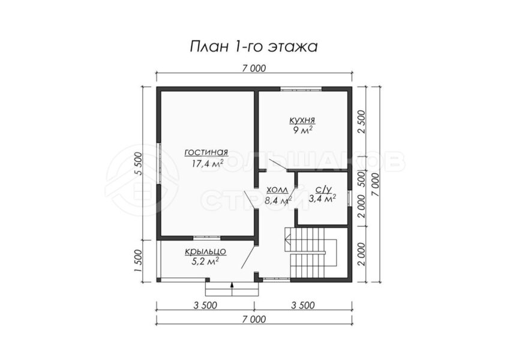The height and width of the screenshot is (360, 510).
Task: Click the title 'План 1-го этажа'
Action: [254, 47]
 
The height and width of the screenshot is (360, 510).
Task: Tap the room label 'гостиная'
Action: [206, 152]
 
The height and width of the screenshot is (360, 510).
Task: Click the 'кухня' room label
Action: [302, 121]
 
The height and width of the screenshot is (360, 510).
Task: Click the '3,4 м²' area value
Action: [322, 199]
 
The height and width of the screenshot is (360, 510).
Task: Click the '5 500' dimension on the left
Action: [139, 164]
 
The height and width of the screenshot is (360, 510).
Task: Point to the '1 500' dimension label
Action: [139, 261]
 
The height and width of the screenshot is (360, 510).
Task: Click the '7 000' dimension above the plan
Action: [254, 68]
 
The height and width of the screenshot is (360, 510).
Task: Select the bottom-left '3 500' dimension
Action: [205, 305]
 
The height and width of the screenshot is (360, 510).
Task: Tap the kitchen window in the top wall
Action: [301, 88]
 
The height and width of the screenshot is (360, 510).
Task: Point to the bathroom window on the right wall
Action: [350, 199]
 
